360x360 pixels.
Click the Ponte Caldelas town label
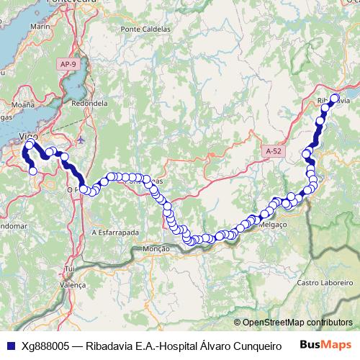pos(146,29)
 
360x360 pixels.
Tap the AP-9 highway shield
pos(68,65)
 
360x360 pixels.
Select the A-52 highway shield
pos(274,151)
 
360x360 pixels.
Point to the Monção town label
pos(156,248)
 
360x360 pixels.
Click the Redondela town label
pos(90,104)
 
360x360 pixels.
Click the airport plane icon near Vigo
pos(80,140)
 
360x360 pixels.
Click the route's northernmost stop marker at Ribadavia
pos(334,99)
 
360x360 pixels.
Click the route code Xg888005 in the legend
pos(45,346)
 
